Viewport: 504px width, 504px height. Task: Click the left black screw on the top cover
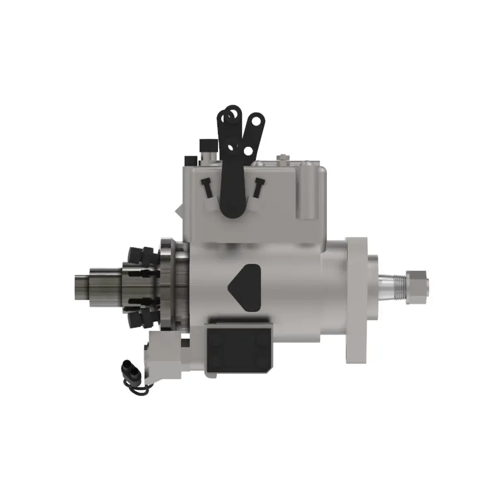click(x=206, y=186)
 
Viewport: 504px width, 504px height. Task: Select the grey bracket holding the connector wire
click(x=165, y=355)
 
